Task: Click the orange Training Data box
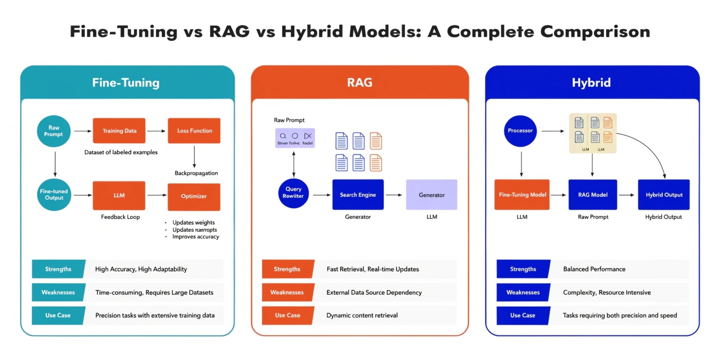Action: pyautogui.click(x=119, y=131)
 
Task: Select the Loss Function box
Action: pyautogui.click(x=194, y=131)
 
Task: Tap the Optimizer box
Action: pyautogui.click(x=194, y=196)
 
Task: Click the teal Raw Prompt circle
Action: pyautogui.click(x=54, y=131)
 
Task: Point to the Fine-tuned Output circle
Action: pyautogui.click(x=54, y=195)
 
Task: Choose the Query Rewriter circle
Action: pyautogui.click(x=293, y=193)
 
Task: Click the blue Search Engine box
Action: pyautogui.click(x=358, y=195)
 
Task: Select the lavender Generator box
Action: pyautogui.click(x=431, y=195)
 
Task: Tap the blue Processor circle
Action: pyautogui.click(x=520, y=130)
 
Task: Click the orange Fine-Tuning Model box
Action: pyautogui.click(x=522, y=195)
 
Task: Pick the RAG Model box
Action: pyautogui.click(x=592, y=195)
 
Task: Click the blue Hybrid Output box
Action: pyautogui.click(x=664, y=195)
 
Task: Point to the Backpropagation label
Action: pyautogui.click(x=196, y=173)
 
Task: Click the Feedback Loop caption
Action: pyautogui.click(x=120, y=217)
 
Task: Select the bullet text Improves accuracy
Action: pyautogui.click(x=195, y=237)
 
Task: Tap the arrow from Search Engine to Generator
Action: pyautogui.click(x=394, y=195)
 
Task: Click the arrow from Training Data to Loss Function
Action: pyautogui.click(x=157, y=131)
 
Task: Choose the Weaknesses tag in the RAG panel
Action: pyautogui.click(x=287, y=292)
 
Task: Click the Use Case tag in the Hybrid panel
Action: pyautogui.click(x=523, y=315)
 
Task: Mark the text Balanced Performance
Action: pyautogui.click(x=594, y=269)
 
